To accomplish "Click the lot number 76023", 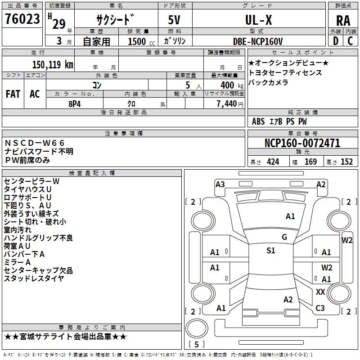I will pos(22,19).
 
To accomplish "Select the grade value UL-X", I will pos(258,20).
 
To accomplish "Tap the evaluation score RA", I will pos(343,21).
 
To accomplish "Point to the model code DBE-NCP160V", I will pos(258,41).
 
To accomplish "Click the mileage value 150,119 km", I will pos(52,64).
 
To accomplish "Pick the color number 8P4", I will pos(75,103).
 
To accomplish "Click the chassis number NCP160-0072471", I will pos(302,143).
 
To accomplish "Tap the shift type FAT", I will pos(13,94).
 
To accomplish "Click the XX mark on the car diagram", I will pos(320,292).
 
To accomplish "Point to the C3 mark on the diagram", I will pos(320,308).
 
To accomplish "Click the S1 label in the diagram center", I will pos(271,251).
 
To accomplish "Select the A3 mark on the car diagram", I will pos(220,184).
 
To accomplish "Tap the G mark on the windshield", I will pos(284,237).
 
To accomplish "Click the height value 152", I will pos(346,162).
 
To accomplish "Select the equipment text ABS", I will pos(258,121).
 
